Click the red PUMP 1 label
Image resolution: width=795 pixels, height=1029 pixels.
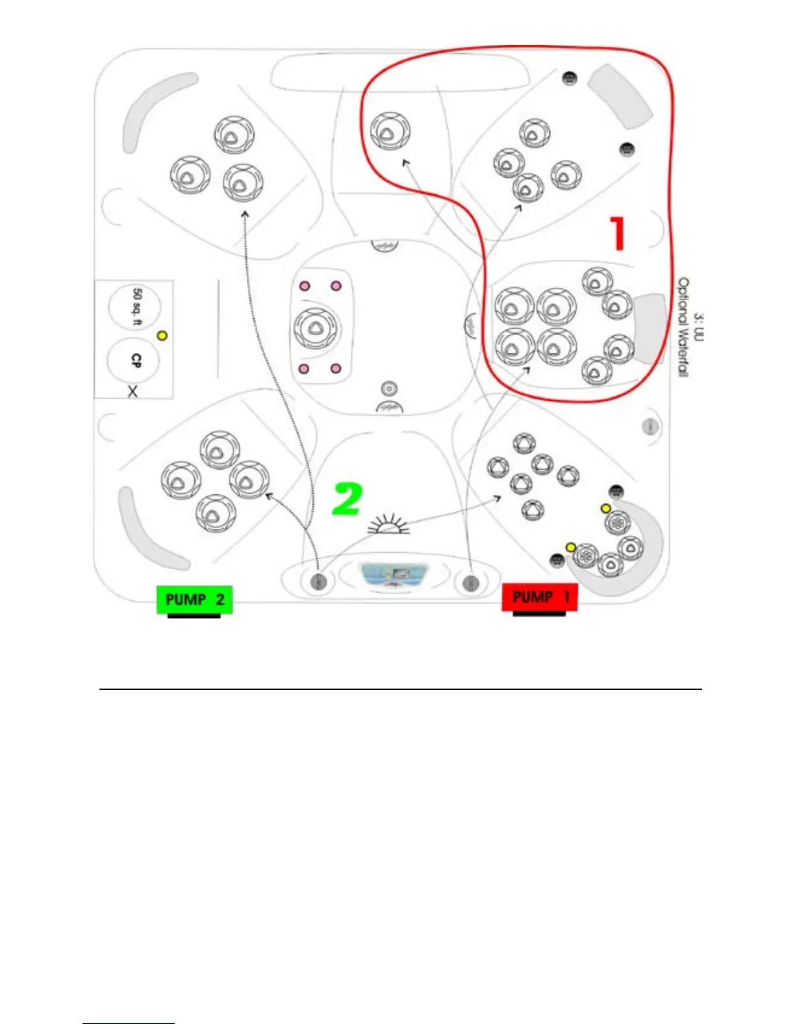pos(540,596)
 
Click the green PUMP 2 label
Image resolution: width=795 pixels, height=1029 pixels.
pos(194,599)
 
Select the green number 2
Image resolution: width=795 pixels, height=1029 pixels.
pos(347,499)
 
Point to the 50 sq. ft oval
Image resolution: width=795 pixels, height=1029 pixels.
pos(135,306)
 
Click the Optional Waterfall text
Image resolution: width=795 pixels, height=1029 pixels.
pos(684,327)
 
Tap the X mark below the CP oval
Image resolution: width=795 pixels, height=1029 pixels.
pos(132,391)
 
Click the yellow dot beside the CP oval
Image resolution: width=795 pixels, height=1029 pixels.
pos(162,336)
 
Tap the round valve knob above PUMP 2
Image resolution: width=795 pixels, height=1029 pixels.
pos(318,581)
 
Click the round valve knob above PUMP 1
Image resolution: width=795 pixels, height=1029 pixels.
pos(471,582)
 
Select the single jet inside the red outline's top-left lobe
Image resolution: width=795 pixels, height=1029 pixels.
pos(390,131)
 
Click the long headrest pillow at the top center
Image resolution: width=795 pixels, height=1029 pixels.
pos(398,72)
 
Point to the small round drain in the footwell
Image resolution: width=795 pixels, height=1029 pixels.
pos(389,388)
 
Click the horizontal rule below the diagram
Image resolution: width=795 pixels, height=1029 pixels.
pos(400,689)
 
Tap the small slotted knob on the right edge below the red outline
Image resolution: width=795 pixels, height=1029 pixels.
pos(650,426)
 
